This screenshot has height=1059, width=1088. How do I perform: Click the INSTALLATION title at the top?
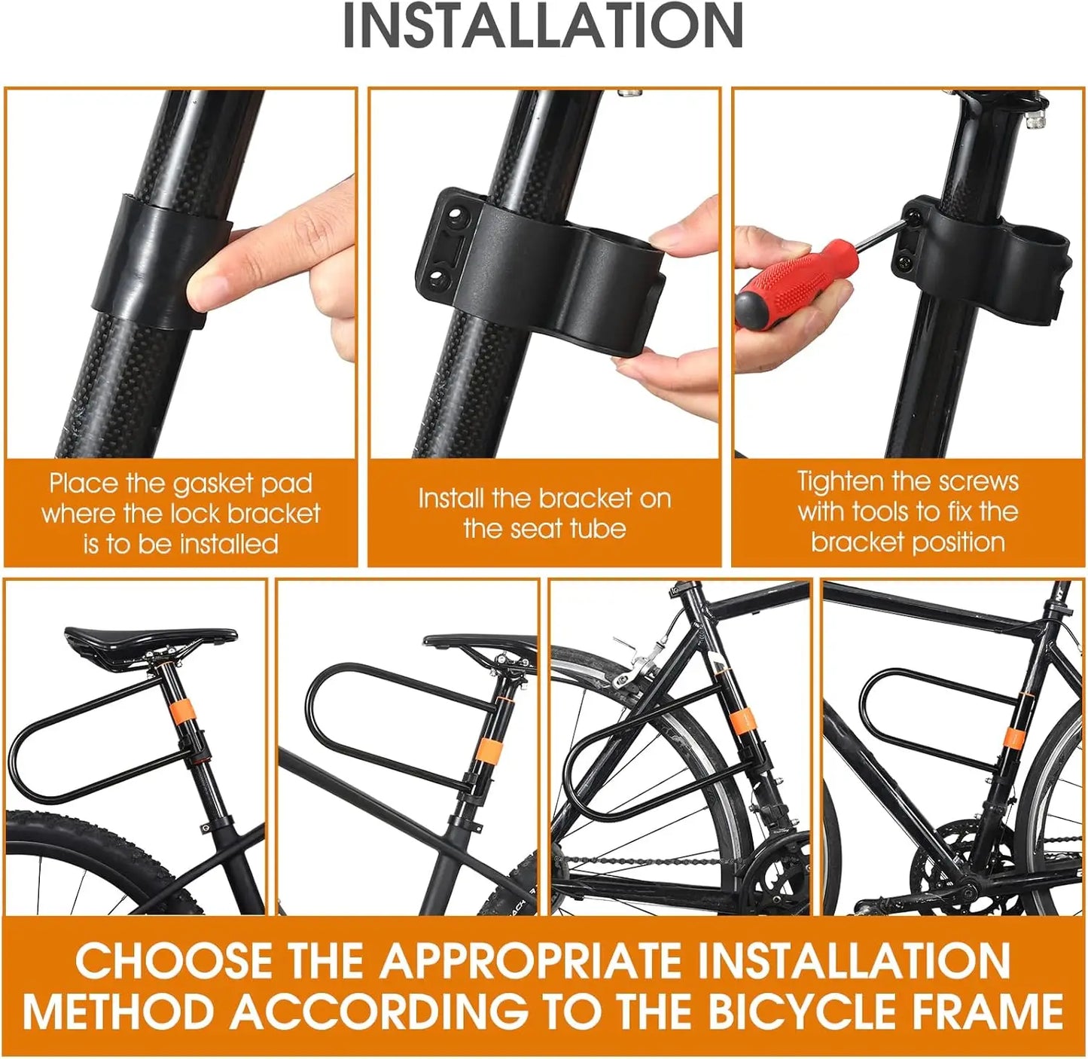543,26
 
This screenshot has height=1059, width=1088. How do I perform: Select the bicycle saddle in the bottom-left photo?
151,642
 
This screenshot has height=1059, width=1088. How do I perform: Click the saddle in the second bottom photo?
482,642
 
